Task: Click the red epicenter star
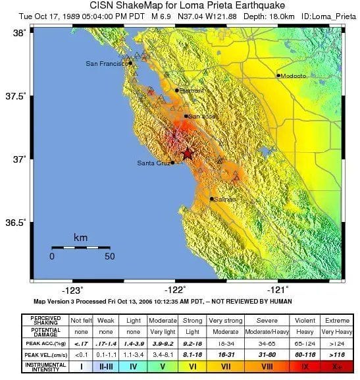click(x=187, y=153)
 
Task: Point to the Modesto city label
click(x=294, y=76)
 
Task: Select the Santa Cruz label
click(x=153, y=163)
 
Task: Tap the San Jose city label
click(x=202, y=116)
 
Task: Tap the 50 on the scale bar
click(x=109, y=257)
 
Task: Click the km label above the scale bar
click(x=80, y=237)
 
